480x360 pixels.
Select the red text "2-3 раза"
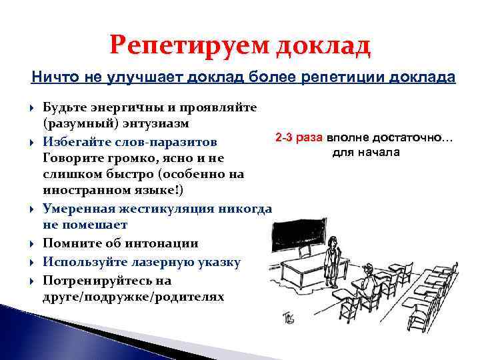(299, 137)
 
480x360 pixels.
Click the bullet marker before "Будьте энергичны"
(33, 107)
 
